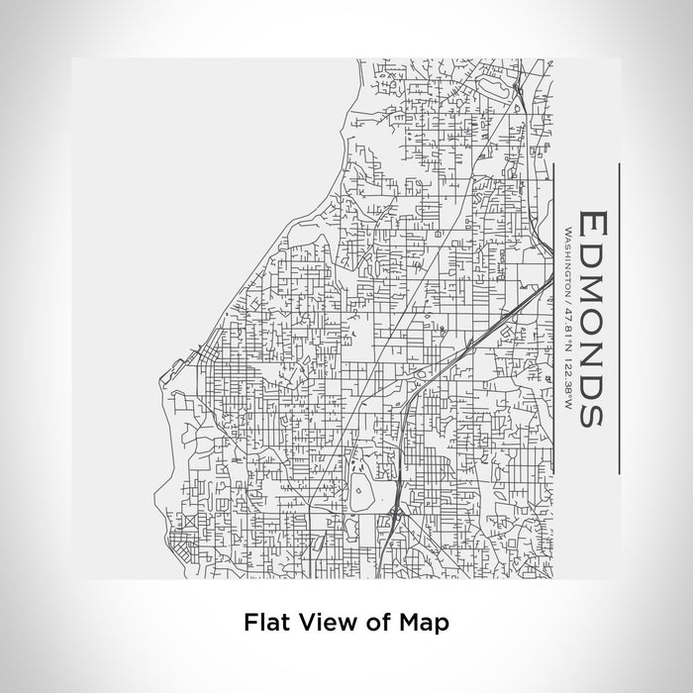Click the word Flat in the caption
pos(264,623)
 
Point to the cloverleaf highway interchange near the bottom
pos(395,512)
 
